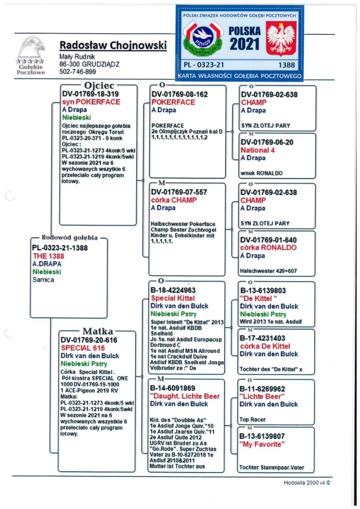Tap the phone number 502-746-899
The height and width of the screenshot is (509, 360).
[x=78, y=72]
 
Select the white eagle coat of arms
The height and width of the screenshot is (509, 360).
[x=281, y=39]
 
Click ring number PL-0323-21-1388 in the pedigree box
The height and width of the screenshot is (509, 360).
[x=60, y=248]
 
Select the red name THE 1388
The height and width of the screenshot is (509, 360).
[x=49, y=256]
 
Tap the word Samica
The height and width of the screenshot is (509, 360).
[x=43, y=279]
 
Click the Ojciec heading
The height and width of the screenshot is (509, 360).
[x=99, y=86]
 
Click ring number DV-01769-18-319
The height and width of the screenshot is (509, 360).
[x=90, y=94]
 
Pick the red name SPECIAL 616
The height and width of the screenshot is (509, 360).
[x=83, y=348]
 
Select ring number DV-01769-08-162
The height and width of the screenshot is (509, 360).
[x=180, y=95]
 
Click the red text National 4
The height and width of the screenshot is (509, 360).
[x=258, y=150]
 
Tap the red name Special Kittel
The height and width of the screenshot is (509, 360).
[x=173, y=298]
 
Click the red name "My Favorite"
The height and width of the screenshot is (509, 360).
[x=262, y=445]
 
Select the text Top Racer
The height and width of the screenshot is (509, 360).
[x=253, y=419]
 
